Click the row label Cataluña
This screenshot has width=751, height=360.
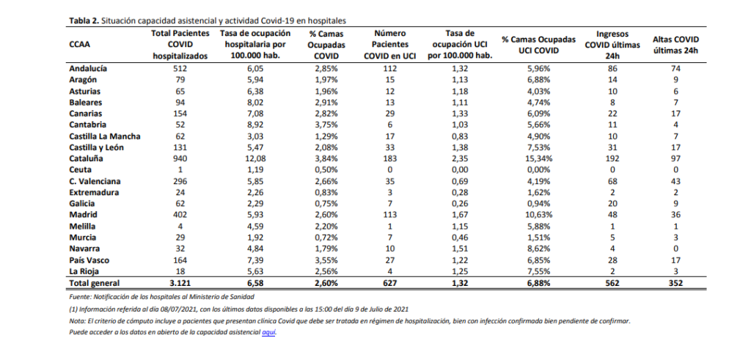87,158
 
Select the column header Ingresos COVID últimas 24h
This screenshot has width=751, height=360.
612,45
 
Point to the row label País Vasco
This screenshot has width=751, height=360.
89,260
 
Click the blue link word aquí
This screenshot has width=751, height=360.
268,332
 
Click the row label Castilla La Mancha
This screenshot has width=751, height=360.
105,136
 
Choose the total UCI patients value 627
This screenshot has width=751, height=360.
389,283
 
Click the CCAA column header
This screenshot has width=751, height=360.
79,45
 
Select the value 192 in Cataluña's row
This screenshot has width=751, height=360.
612,158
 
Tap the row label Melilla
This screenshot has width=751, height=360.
83,226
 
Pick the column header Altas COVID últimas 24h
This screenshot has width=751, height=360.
675,45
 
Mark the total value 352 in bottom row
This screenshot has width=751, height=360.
675,283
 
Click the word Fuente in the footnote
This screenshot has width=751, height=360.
80,297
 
